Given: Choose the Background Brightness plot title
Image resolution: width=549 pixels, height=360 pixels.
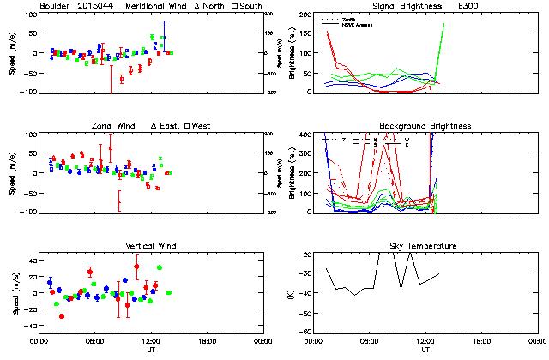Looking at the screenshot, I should coord(425,126).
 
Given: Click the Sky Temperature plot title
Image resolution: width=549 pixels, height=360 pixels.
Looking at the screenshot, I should coord(425,246).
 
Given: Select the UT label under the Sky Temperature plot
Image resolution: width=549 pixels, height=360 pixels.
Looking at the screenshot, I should coord(425,351).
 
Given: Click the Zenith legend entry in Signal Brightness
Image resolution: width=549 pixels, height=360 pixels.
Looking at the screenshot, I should coord(351,18).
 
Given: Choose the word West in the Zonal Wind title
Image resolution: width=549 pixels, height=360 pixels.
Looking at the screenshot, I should coord(202,126).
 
